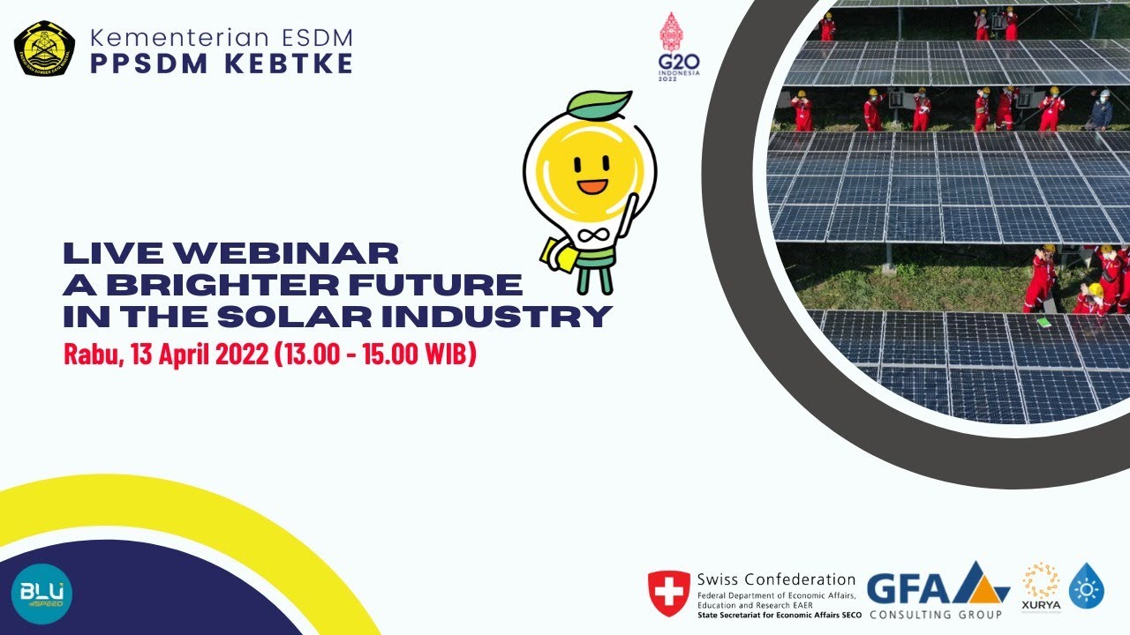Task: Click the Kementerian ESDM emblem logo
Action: click(x=44, y=49)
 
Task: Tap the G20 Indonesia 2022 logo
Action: click(x=679, y=48)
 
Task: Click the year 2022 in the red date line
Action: click(x=239, y=355)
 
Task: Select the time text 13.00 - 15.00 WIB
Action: click(x=376, y=355)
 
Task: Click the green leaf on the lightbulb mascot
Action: click(x=600, y=105)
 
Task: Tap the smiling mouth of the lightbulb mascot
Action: click(x=593, y=186)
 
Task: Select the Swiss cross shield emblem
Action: click(x=668, y=590)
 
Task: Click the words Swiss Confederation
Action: click(x=776, y=579)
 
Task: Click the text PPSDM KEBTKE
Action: click(x=221, y=64)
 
